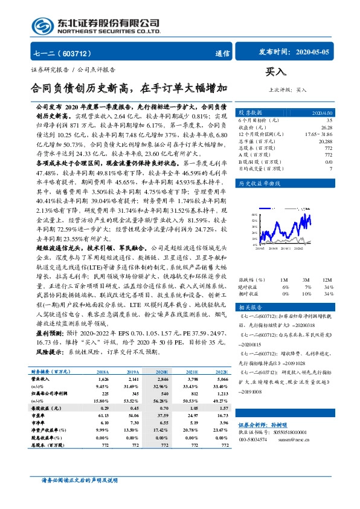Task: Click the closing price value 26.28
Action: (327, 128)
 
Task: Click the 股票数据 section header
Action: (251, 112)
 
